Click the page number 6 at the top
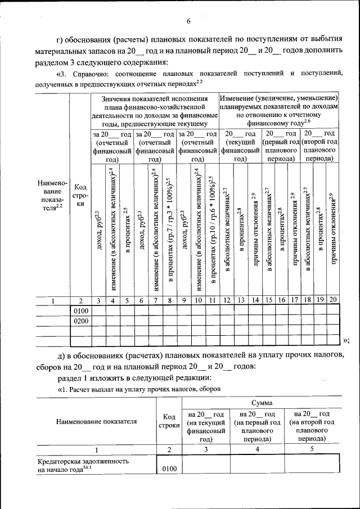click(x=189, y=21)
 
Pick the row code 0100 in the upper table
click(x=81, y=310)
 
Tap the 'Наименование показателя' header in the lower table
click(x=96, y=421)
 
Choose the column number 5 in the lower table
click(x=312, y=449)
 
